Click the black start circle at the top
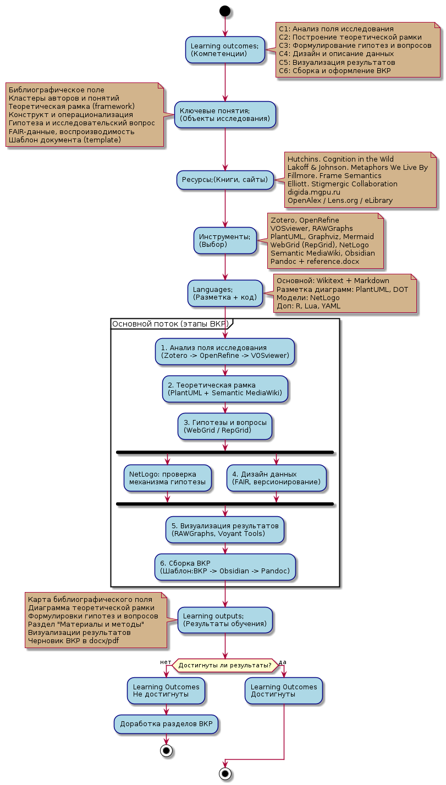tap(225, 11)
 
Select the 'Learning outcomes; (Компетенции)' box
tap(225, 50)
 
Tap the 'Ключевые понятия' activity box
tap(225, 114)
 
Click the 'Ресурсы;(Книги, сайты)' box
tap(225, 180)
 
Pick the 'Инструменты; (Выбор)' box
tap(225, 240)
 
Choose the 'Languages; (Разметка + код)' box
tap(225, 294)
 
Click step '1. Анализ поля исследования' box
tap(225, 351)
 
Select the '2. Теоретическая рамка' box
tap(225, 389)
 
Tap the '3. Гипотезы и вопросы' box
tap(225, 426)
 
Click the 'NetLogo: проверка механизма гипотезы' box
tap(168, 478)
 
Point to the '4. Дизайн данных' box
tap(276, 478)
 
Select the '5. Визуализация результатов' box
tap(225, 529)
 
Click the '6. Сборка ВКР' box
tap(225, 567)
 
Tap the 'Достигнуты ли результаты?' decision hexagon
tap(225, 665)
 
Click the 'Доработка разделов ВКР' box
tap(166, 724)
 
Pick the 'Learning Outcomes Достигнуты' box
tap(284, 691)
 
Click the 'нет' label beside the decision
tap(166, 662)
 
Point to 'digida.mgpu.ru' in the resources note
tap(314, 192)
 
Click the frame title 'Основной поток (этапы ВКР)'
tap(170, 324)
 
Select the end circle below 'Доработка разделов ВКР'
tap(166, 751)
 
